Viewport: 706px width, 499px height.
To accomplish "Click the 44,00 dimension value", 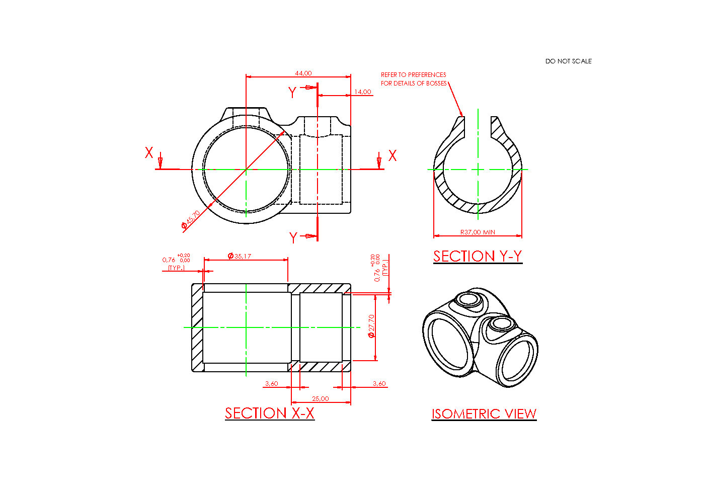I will click(x=303, y=73).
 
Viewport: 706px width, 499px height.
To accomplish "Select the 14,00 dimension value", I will click(x=362, y=92).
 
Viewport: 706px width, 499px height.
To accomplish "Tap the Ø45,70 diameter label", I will click(x=191, y=220).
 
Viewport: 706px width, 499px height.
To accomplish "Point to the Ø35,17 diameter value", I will click(x=240, y=256).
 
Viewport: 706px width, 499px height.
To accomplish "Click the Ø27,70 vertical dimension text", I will click(x=371, y=326).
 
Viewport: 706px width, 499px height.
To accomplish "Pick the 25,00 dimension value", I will click(x=321, y=398).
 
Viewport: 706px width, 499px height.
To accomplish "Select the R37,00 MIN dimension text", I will click(x=478, y=232).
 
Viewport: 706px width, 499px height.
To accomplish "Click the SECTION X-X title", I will click(x=269, y=413).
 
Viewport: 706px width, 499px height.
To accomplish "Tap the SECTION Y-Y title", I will click(x=478, y=256).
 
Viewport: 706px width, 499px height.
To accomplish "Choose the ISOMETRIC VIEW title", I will click(x=484, y=413).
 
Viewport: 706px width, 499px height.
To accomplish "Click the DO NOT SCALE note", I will click(x=568, y=61).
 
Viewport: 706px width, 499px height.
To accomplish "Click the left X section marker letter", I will click(x=149, y=153).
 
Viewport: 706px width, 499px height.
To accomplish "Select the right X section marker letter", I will click(x=393, y=155).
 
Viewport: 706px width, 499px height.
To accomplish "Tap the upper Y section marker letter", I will click(x=292, y=93).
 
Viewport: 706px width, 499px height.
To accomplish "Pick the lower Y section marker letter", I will click(x=293, y=237).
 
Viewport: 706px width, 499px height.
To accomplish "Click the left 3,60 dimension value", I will click(x=271, y=383).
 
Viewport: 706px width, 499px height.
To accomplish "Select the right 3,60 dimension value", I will click(x=379, y=383).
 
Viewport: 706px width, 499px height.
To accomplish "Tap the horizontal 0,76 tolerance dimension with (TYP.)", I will click(x=176, y=262).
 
